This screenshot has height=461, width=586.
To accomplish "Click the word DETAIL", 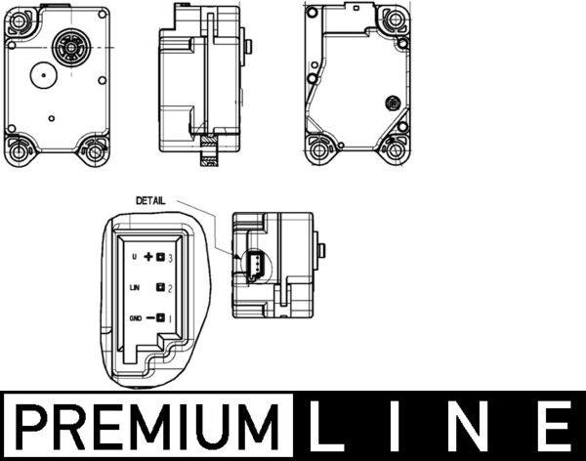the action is [x=150, y=201].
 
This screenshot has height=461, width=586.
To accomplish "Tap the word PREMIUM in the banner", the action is [x=146, y=427].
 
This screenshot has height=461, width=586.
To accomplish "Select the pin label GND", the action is [x=136, y=318].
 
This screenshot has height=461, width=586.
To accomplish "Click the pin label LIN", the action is [x=134, y=287].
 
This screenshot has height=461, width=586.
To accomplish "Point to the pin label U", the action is [x=135, y=257].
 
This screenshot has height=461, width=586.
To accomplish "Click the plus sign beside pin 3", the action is [x=148, y=257].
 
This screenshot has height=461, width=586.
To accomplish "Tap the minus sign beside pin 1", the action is [x=150, y=318].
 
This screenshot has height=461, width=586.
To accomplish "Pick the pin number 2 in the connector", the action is [x=170, y=288].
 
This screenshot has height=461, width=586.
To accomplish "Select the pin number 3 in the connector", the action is [x=170, y=258].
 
